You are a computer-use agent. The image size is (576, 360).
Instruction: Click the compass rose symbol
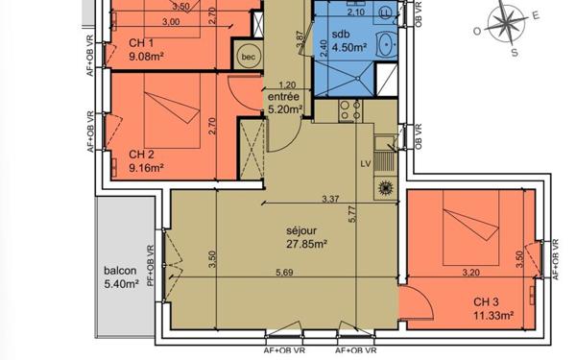pyautogui.click(x=503, y=21)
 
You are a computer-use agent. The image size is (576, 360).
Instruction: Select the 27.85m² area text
pyautogui.click(x=306, y=244)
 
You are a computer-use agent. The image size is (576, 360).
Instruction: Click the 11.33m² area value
pyautogui.click(x=493, y=314)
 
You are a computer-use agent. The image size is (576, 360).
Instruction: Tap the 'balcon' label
pyautogui.click(x=120, y=270)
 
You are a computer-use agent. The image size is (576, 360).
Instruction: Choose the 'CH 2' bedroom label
pyautogui.click(x=141, y=154)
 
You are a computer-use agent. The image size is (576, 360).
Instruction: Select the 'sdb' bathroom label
pyautogui.click(x=341, y=35)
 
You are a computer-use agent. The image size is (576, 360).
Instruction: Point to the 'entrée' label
pyautogui.click(x=285, y=97)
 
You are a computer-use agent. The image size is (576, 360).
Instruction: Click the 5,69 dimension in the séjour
pyautogui.click(x=284, y=274)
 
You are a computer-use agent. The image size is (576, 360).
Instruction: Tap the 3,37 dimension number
pyautogui.click(x=331, y=200)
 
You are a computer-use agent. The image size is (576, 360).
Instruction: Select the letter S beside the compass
pyautogui.click(x=514, y=53)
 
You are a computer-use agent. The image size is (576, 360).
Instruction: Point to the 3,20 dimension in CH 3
pyautogui.click(x=470, y=272)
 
